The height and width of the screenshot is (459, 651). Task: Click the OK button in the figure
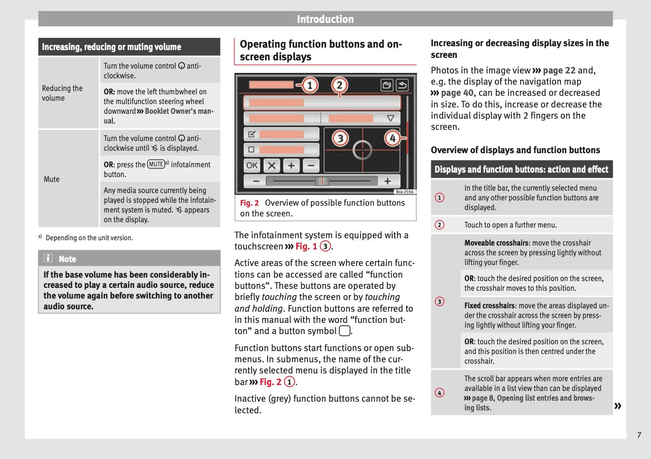pos(252,165)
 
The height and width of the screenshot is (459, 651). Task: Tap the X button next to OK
pos(271,165)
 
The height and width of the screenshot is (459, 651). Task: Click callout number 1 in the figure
pos(310,86)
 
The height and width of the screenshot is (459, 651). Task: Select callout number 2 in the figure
pos(340,86)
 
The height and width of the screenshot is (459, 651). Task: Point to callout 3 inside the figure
pos(340,139)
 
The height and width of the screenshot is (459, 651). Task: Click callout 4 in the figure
pos(392,139)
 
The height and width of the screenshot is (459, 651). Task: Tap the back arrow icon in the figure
pos(402,86)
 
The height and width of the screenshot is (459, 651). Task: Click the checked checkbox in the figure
pos(252,134)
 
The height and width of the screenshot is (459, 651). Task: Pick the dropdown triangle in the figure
pos(390,118)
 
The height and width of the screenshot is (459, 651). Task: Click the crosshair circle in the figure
pos(362,150)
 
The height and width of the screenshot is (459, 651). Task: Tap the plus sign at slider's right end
pos(388,181)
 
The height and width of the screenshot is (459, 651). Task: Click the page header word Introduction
pos(325,19)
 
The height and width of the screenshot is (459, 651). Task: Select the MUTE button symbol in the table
pos(156,164)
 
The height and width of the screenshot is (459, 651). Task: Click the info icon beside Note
pos(48,258)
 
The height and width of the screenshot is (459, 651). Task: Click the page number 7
pos(639,435)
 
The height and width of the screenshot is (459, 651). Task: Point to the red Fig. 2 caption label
pos(250,203)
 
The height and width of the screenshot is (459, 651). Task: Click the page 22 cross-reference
pos(559,71)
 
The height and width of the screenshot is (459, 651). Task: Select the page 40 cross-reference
pos(457,93)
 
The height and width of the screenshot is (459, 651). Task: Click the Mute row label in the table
pos(52,179)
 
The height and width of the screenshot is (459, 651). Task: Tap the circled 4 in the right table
pos(440,393)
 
